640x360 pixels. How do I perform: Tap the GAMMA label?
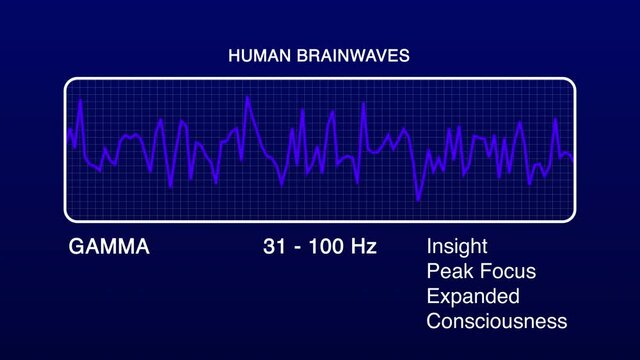coord(109,246)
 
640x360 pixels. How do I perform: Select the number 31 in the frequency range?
coord(273,246)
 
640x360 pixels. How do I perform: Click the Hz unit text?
coord(362,246)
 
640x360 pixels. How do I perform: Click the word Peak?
coord(446,272)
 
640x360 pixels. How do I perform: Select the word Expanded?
coord(473,297)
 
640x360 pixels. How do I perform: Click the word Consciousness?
coord(497,322)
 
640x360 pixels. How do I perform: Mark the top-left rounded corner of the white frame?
coord(70,82)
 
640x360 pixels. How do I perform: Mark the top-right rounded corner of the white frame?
coord(571,82)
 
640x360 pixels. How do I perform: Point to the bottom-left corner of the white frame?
coord(70,216)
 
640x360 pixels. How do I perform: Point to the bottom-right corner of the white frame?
coord(571,216)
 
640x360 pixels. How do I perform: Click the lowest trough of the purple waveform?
coord(419,200)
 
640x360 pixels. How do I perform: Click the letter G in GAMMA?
coord(75,246)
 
